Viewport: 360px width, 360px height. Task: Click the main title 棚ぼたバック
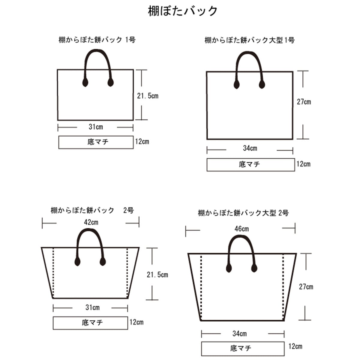click(x=183, y=11)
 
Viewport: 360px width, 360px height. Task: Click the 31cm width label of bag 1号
click(x=96, y=127)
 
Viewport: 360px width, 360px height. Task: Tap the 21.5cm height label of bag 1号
click(x=148, y=96)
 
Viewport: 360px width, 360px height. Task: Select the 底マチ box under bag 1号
click(x=96, y=142)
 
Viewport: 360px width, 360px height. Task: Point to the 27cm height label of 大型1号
click(x=304, y=102)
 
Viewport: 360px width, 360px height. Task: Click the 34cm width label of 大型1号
click(x=250, y=148)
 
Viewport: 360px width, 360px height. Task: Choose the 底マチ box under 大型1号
click(x=250, y=165)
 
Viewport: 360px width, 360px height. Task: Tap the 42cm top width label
click(x=91, y=222)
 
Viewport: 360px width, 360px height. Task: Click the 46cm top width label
click(x=241, y=229)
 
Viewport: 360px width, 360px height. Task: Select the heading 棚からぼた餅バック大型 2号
click(x=243, y=213)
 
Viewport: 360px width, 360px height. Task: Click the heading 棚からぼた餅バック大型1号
click(x=250, y=40)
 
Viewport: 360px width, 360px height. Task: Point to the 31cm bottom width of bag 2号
click(x=92, y=307)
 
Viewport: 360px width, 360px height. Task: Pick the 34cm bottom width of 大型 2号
click(x=239, y=334)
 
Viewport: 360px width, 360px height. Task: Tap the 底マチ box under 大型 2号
click(x=243, y=349)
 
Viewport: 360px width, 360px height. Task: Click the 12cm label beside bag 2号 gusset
click(x=136, y=322)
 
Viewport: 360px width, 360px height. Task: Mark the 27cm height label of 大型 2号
click(x=306, y=287)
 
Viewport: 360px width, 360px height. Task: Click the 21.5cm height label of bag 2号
click(x=157, y=274)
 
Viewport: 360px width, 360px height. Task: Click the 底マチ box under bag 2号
click(x=90, y=323)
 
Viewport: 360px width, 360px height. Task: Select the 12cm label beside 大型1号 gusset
click(x=303, y=164)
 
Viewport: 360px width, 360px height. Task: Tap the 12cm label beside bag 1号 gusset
click(x=142, y=142)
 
